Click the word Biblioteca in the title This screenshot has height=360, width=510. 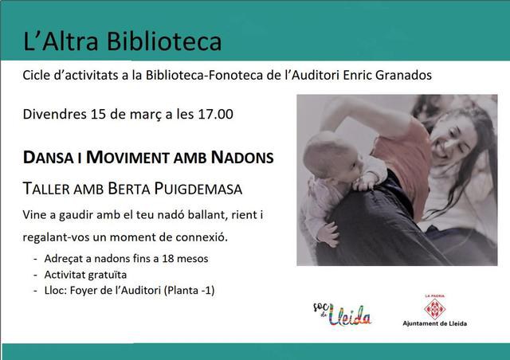164,41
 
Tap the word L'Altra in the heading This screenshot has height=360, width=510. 61,41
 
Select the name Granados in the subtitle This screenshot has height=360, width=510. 403,75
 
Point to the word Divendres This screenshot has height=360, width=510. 55,114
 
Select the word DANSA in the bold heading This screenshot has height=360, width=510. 48,158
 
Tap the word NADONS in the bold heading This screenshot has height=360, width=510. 242,158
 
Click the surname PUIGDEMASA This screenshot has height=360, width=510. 198,189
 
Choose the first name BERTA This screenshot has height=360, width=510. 129,189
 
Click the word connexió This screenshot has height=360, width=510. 202,237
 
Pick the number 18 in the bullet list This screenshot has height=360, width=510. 168,259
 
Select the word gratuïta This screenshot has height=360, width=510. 108,275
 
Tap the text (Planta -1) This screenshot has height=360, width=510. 189,291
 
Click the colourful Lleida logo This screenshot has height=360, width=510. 342,314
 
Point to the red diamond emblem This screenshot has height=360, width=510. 435,308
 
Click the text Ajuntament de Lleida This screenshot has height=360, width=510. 435,323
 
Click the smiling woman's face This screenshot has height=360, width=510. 452,139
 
